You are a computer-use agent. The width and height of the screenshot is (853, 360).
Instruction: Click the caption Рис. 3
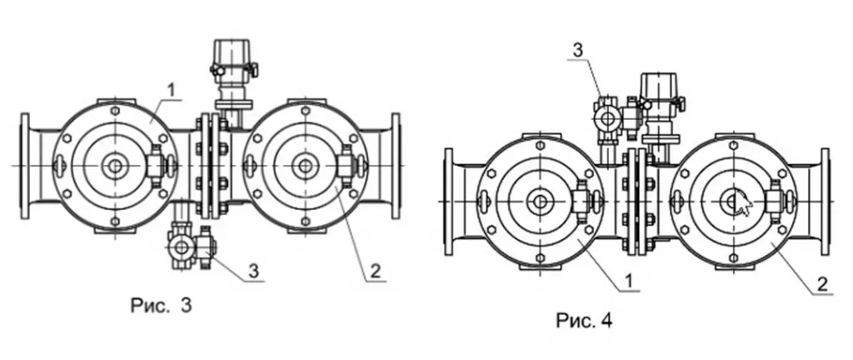pos(161,305)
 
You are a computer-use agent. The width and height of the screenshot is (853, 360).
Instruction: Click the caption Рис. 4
pos(584,320)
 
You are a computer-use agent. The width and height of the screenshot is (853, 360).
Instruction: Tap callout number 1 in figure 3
pos(172,91)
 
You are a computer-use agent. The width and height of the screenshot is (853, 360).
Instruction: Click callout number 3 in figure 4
pos(578,51)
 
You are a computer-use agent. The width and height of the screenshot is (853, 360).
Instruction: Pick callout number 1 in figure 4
pos(628,281)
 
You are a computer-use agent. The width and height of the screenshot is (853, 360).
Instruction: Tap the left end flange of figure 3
pos(24,166)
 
